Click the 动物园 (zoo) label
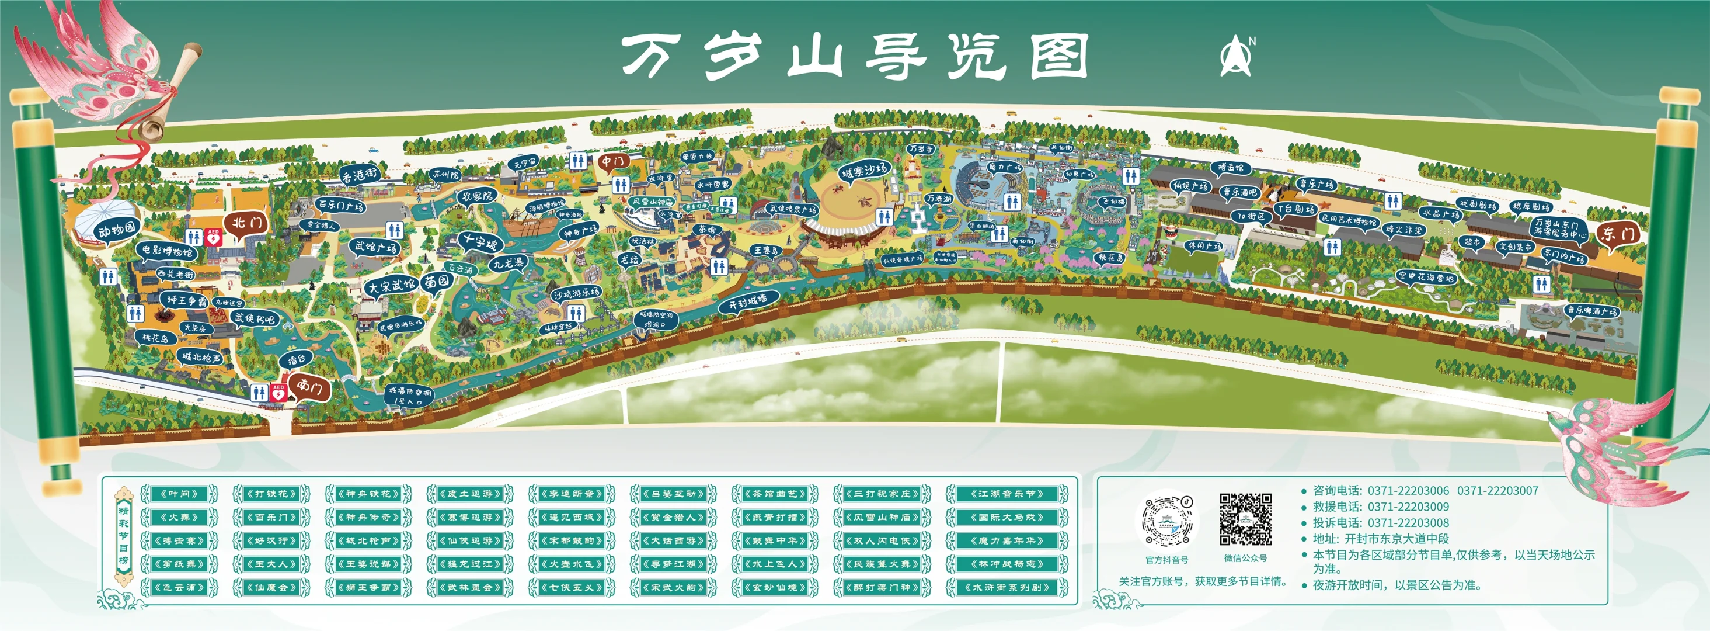pyautogui.click(x=117, y=230)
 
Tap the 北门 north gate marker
pyautogui.click(x=246, y=223)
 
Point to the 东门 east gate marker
pyautogui.click(x=1618, y=234)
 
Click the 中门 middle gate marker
pyautogui.click(x=612, y=161)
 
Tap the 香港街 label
pyautogui.click(x=359, y=175)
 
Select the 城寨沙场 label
pyautogui.click(x=863, y=171)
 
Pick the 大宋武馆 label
pyautogui.click(x=392, y=286)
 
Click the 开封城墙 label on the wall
pyautogui.click(x=747, y=303)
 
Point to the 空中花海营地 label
pyautogui.click(x=1426, y=276)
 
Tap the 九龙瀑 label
pyautogui.click(x=509, y=263)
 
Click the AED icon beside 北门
pyautogui.click(x=213, y=237)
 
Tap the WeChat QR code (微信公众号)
pyautogui.click(x=1245, y=519)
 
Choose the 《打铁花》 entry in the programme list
pyautogui.click(x=272, y=494)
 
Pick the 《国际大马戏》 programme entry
pyautogui.click(x=1007, y=516)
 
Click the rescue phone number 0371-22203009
pyautogui.click(x=1408, y=507)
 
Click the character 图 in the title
pyautogui.click(x=1059, y=58)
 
